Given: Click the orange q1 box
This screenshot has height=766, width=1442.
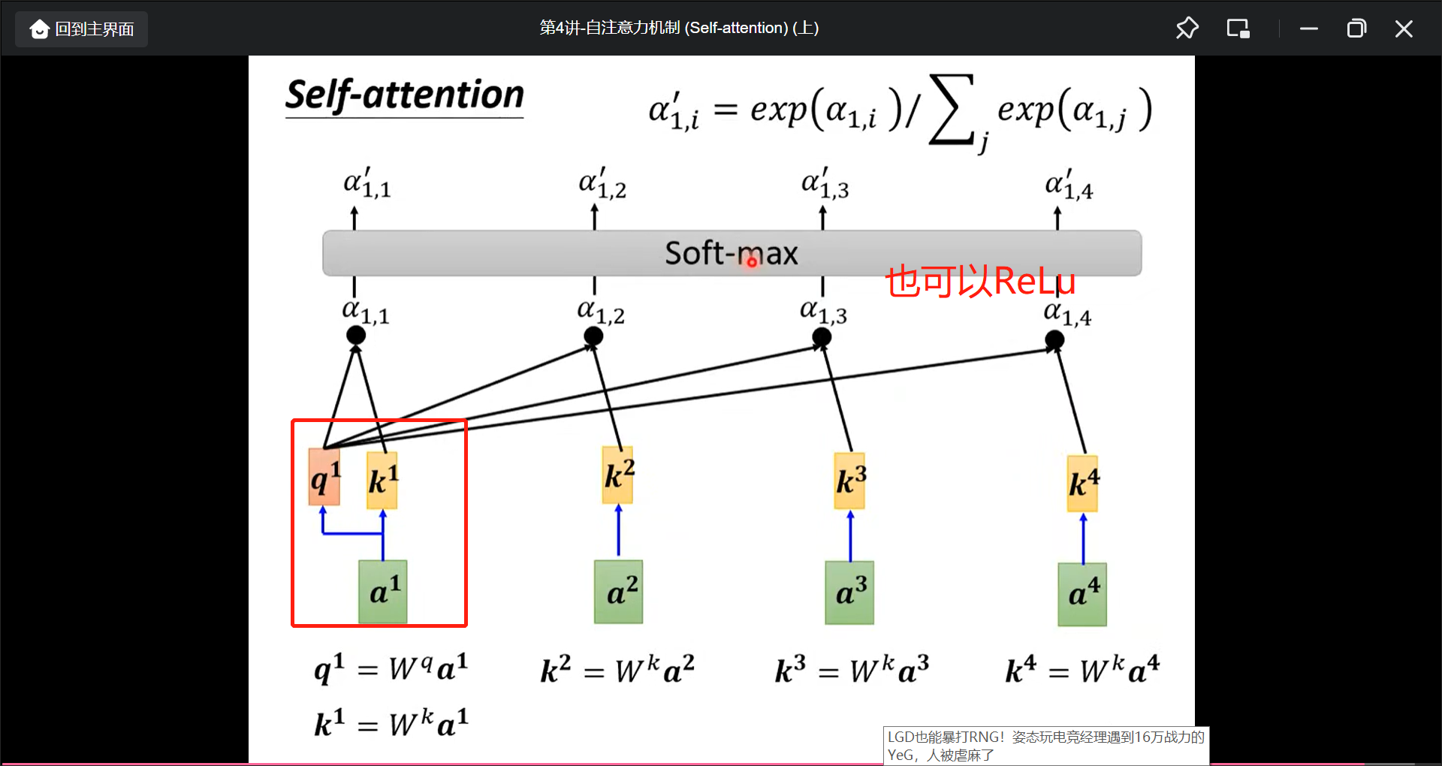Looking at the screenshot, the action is [x=324, y=478].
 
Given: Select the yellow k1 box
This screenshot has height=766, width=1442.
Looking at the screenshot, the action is [x=382, y=480].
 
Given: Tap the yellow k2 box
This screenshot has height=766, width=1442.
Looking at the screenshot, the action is [x=618, y=475].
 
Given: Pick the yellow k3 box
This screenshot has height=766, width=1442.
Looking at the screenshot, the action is [x=850, y=481].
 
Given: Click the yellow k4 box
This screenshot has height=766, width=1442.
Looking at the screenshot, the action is [x=1083, y=484].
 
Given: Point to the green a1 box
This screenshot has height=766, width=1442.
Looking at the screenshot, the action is [x=383, y=592].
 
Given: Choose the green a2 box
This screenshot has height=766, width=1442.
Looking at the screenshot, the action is [x=619, y=592].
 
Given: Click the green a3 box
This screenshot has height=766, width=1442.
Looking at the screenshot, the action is [x=849, y=593].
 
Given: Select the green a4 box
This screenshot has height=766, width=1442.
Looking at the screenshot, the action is [x=1082, y=594].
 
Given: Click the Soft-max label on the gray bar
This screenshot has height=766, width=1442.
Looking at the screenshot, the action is [x=731, y=253].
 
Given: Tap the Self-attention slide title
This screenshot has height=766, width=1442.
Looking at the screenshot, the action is [x=404, y=96].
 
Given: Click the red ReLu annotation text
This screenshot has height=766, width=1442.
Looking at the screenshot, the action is [x=981, y=282].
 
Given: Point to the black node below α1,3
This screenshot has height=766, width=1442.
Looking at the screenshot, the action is [x=822, y=337].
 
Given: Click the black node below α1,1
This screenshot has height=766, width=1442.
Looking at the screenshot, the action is [x=356, y=335].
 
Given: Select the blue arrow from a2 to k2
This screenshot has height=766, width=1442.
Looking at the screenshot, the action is [x=619, y=531].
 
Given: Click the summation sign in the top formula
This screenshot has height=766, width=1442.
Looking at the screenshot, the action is [x=952, y=110].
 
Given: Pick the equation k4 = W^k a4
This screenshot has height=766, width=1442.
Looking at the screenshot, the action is [x=1082, y=669].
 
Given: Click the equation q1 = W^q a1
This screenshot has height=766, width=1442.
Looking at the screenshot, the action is [x=391, y=667].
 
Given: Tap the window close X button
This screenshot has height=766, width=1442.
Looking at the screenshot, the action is [x=1404, y=29].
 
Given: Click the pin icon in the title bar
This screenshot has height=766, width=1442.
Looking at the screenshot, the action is [x=1187, y=29].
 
